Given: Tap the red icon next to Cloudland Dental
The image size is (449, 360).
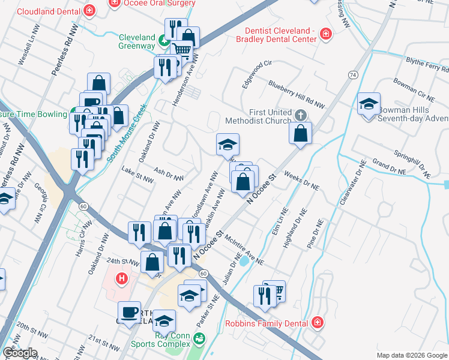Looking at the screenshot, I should (x=89, y=10).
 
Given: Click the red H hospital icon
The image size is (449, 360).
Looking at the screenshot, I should (x=122, y=278).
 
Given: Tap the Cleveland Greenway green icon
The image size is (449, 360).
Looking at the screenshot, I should (x=163, y=41).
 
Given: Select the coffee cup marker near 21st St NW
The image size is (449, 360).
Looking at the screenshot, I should (x=129, y=312).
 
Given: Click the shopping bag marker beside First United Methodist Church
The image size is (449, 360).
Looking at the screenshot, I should (x=301, y=133).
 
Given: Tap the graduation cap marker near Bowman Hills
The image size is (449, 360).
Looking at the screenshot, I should (x=369, y=103).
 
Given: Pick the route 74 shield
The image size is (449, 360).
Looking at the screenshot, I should (x=352, y=74).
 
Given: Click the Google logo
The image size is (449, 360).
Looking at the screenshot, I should (x=20, y=353).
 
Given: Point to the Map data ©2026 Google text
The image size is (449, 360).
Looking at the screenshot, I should (x=411, y=355).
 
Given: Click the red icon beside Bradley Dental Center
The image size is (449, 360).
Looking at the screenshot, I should (x=325, y=35).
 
